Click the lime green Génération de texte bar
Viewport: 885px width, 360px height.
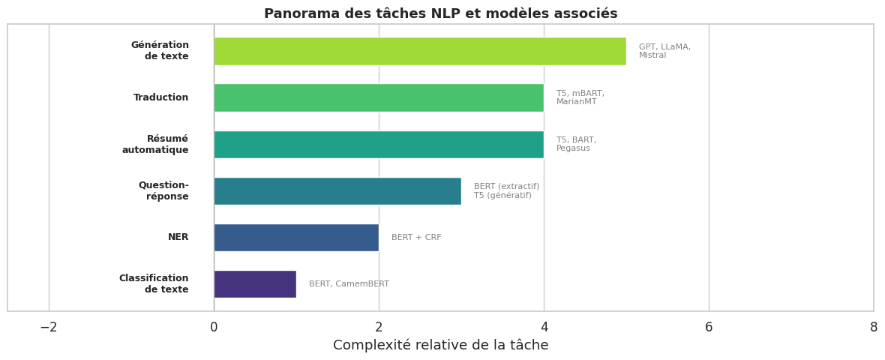(420, 51)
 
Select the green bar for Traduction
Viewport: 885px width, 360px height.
(379, 97)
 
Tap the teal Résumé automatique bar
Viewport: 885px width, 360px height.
(379, 145)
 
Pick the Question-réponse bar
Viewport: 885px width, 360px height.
(337, 191)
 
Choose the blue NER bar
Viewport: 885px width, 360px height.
(296, 238)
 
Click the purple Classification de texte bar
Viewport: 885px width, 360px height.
(255, 284)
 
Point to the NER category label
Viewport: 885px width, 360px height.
(178, 238)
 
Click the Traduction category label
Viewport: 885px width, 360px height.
(161, 97)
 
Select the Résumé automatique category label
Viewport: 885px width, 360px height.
(155, 145)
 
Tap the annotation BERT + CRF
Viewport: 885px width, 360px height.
(416, 238)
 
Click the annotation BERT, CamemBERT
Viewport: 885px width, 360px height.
(349, 284)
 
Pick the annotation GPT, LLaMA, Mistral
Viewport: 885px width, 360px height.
(664, 51)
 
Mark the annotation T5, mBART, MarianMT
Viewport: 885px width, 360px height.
(580, 97)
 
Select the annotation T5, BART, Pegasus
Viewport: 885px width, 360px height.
(576, 144)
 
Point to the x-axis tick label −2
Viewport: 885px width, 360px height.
(49, 328)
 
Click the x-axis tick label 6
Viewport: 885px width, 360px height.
(709, 328)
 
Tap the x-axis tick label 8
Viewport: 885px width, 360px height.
(874, 328)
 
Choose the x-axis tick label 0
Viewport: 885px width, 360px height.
(214, 328)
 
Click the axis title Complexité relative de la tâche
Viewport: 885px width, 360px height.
(440, 346)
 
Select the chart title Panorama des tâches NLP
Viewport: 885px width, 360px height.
(440, 14)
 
